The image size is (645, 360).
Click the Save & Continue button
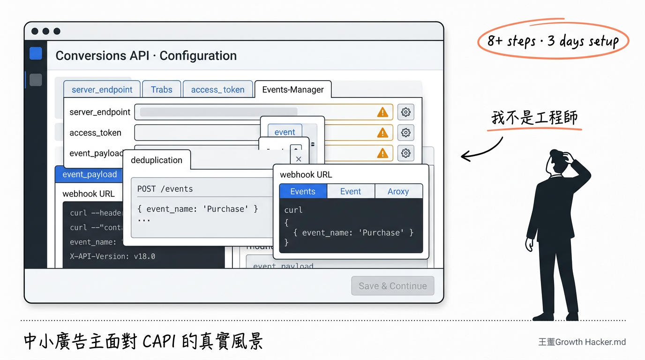pyautogui.click(x=392, y=286)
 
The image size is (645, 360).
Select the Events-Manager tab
pyautogui.click(x=292, y=90)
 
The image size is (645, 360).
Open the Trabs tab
pyautogui.click(x=161, y=90)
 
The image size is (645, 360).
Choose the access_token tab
pyautogui.click(x=217, y=90)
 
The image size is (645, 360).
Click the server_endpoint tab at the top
pyautogui.click(x=102, y=90)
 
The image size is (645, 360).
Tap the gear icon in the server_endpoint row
pyautogui.click(x=405, y=112)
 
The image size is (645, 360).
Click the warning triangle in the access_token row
pyautogui.click(x=382, y=133)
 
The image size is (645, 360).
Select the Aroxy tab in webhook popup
pyautogui.click(x=398, y=191)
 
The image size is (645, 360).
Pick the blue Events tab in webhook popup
pyautogui.click(x=303, y=191)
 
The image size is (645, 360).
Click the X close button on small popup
pyautogui.click(x=299, y=159)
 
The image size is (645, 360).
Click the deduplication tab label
pyautogui.click(x=157, y=160)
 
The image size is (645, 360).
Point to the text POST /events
pyautogui.click(x=165, y=189)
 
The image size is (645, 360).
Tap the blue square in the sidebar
pyautogui.click(x=36, y=53)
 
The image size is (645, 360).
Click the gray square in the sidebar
pyautogui.click(x=36, y=80)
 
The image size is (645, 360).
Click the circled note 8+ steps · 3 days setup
pyautogui.click(x=553, y=41)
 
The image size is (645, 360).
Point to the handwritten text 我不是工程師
pyautogui.click(x=534, y=117)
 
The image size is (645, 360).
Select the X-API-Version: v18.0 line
pyautogui.click(x=112, y=256)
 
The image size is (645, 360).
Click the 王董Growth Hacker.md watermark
pyautogui.click(x=582, y=342)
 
